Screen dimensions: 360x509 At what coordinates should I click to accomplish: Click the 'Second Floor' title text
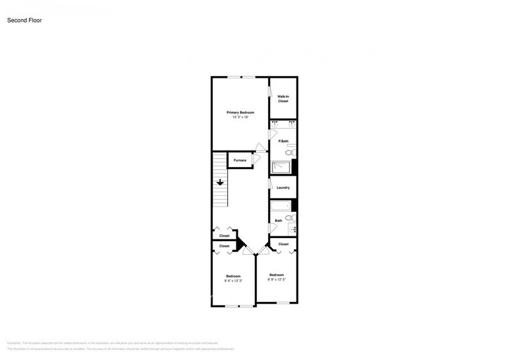(x=25, y=20)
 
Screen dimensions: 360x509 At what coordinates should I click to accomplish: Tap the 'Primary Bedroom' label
(x=240, y=113)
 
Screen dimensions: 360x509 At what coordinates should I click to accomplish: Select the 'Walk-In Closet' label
(x=283, y=99)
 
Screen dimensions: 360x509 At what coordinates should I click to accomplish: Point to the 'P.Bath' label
(x=283, y=141)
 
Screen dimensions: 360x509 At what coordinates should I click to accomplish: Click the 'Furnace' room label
(x=239, y=160)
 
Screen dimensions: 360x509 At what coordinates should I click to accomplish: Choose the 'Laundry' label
(x=283, y=188)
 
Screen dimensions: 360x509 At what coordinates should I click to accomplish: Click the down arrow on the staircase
(x=219, y=182)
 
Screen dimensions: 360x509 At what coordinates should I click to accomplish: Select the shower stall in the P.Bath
(x=281, y=167)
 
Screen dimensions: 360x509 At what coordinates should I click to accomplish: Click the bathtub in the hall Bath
(x=281, y=206)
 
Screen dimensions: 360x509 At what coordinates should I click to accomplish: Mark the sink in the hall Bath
(x=292, y=230)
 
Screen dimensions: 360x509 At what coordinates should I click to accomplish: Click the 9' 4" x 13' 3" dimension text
(x=233, y=281)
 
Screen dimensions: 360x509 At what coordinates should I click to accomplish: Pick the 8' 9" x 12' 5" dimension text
(x=276, y=280)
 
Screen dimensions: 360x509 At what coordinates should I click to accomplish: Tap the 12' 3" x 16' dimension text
(x=240, y=118)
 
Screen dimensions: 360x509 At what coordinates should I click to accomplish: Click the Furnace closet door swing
(x=256, y=159)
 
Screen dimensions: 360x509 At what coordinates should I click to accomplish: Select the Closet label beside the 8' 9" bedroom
(x=283, y=244)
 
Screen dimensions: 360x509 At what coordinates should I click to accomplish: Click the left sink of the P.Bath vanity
(x=275, y=124)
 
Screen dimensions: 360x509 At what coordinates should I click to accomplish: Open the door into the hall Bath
(x=272, y=228)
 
